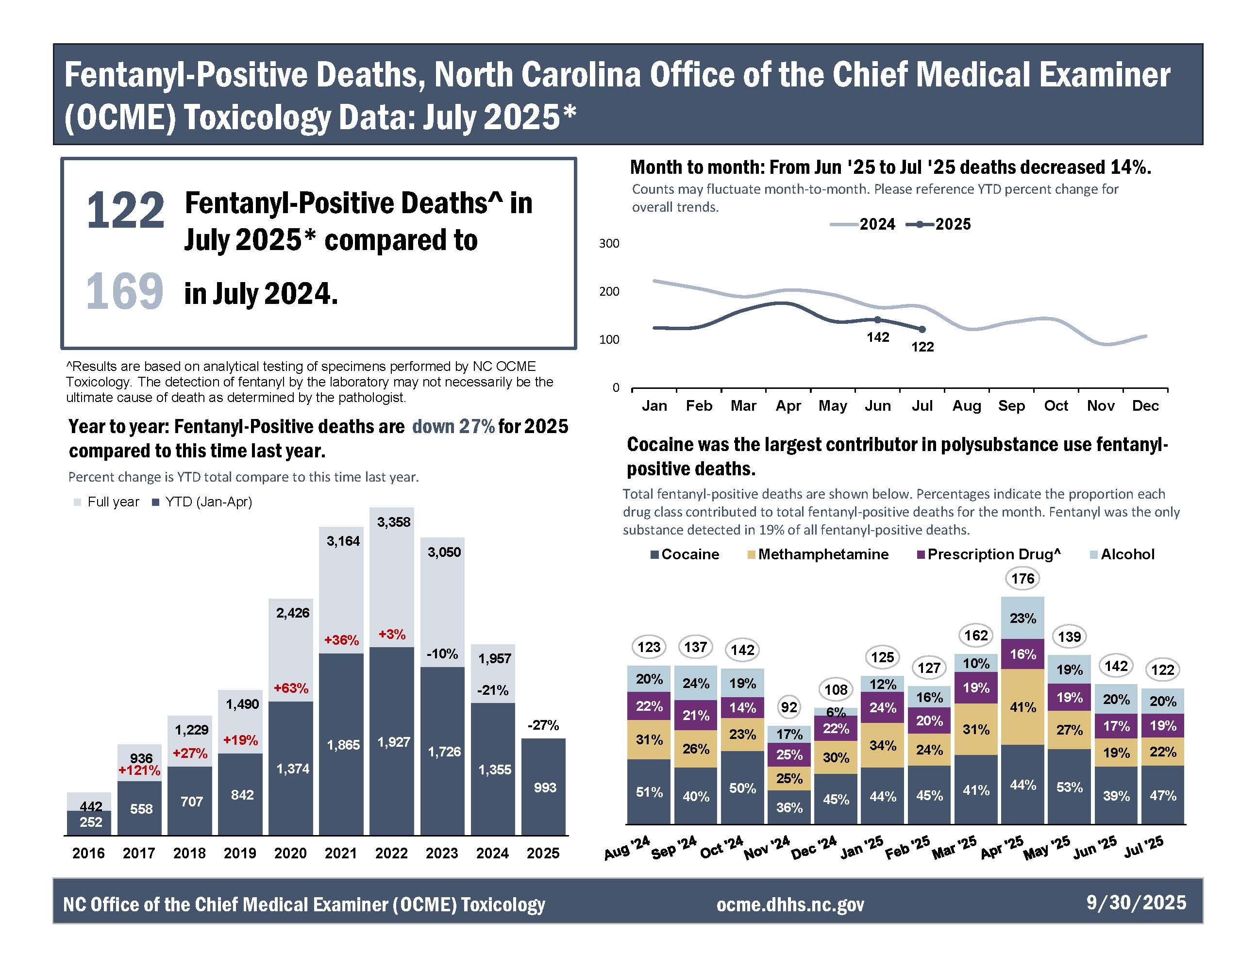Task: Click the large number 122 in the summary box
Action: (125, 211)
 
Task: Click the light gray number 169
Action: (124, 292)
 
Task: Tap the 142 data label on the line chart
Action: (878, 337)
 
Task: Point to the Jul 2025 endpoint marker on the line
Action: (922, 329)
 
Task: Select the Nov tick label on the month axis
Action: (1101, 406)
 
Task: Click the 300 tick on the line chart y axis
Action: (609, 243)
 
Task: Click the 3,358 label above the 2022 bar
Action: (394, 522)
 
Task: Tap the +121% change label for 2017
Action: (139, 770)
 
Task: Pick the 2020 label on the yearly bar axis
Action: (290, 853)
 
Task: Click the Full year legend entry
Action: (107, 502)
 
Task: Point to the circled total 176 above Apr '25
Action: (1023, 578)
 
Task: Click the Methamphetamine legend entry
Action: (818, 554)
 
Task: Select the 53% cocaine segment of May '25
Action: (1070, 787)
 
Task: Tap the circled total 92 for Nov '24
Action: (789, 707)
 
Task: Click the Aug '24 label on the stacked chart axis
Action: (627, 848)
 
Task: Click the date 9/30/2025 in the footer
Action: (1136, 902)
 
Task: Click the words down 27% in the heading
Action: (453, 426)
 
